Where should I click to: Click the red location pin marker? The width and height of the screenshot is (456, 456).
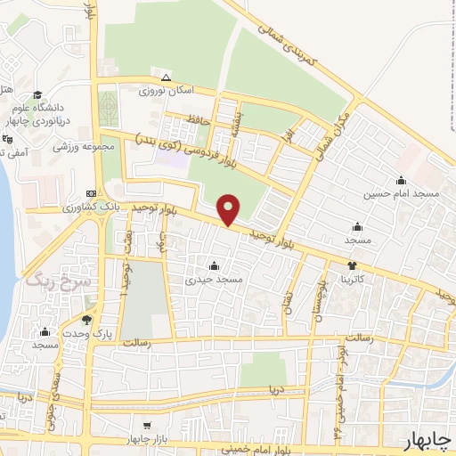[x=229, y=208]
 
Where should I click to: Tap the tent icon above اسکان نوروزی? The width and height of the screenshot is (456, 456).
[x=166, y=77]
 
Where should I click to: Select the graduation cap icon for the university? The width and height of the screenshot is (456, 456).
[x=37, y=95]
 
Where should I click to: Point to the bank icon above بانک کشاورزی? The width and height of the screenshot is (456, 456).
[x=92, y=193]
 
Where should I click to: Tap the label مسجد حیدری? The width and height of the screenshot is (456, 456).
[x=212, y=279]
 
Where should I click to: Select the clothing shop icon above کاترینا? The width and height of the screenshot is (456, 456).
[x=353, y=265]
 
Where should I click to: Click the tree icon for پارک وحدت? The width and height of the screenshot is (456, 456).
[x=86, y=320]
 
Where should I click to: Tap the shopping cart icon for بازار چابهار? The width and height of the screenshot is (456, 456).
[x=147, y=426]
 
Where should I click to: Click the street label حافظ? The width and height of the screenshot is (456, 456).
[x=198, y=120]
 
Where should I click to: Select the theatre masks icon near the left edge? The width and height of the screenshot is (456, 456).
[x=6, y=139]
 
